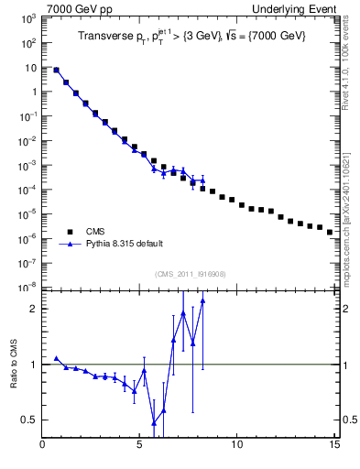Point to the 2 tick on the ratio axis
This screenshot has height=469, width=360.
[32, 309]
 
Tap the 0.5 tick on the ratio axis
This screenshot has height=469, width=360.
[28, 420]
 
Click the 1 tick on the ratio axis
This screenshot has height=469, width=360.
[32, 365]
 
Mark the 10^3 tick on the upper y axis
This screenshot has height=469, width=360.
[27, 18]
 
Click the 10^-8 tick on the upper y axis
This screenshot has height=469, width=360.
[27, 287]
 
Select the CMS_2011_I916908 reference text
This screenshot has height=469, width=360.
[190, 273]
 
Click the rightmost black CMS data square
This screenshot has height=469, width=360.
[330, 232]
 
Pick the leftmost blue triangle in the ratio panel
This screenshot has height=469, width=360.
[57, 359]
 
